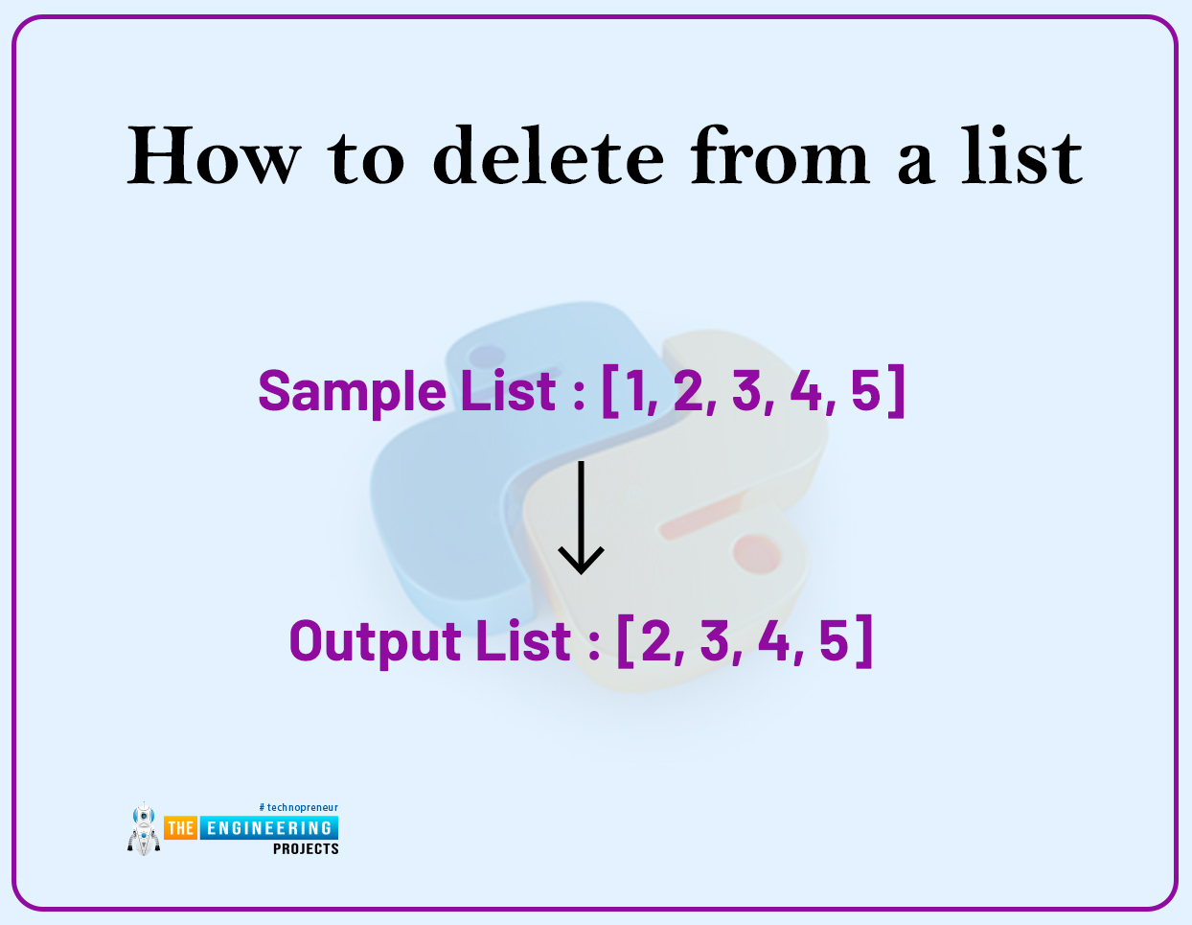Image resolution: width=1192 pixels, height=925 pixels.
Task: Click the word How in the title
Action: pyautogui.click(x=214, y=155)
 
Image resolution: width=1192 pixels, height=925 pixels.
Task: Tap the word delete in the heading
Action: pyautogui.click(x=548, y=155)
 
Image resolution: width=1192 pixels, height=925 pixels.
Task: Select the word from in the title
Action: pyautogui.click(x=780, y=155)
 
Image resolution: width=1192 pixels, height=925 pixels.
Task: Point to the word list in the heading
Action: pyautogui.click(x=1022, y=155)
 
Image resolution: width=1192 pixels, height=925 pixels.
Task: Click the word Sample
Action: pyautogui.click(x=353, y=391)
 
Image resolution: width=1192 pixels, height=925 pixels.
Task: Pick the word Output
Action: pyautogui.click(x=376, y=641)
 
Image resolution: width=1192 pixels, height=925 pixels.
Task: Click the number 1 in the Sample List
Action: pyautogui.click(x=635, y=391)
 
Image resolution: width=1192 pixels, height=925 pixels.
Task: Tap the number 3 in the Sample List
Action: pyautogui.click(x=747, y=391)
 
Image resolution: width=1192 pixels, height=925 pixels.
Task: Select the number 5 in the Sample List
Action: pyautogui.click(x=865, y=391)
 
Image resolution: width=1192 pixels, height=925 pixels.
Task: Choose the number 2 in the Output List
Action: pyautogui.click(x=656, y=640)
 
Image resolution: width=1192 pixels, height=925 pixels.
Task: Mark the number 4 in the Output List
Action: pyautogui.click(x=773, y=640)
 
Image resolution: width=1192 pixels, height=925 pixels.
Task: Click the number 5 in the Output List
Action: pyautogui.click(x=834, y=640)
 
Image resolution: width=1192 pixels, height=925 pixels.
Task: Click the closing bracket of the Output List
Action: pyautogui.click(x=864, y=640)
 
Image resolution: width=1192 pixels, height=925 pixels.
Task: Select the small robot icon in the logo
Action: pyautogui.click(x=144, y=829)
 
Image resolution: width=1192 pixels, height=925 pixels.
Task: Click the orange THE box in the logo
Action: pyautogui.click(x=180, y=827)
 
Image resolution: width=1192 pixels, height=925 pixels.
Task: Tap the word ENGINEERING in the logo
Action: pyautogui.click(x=269, y=827)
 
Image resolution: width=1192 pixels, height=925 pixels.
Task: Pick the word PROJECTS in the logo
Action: pyautogui.click(x=306, y=848)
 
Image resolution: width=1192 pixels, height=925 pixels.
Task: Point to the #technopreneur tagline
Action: pyautogui.click(x=298, y=807)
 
